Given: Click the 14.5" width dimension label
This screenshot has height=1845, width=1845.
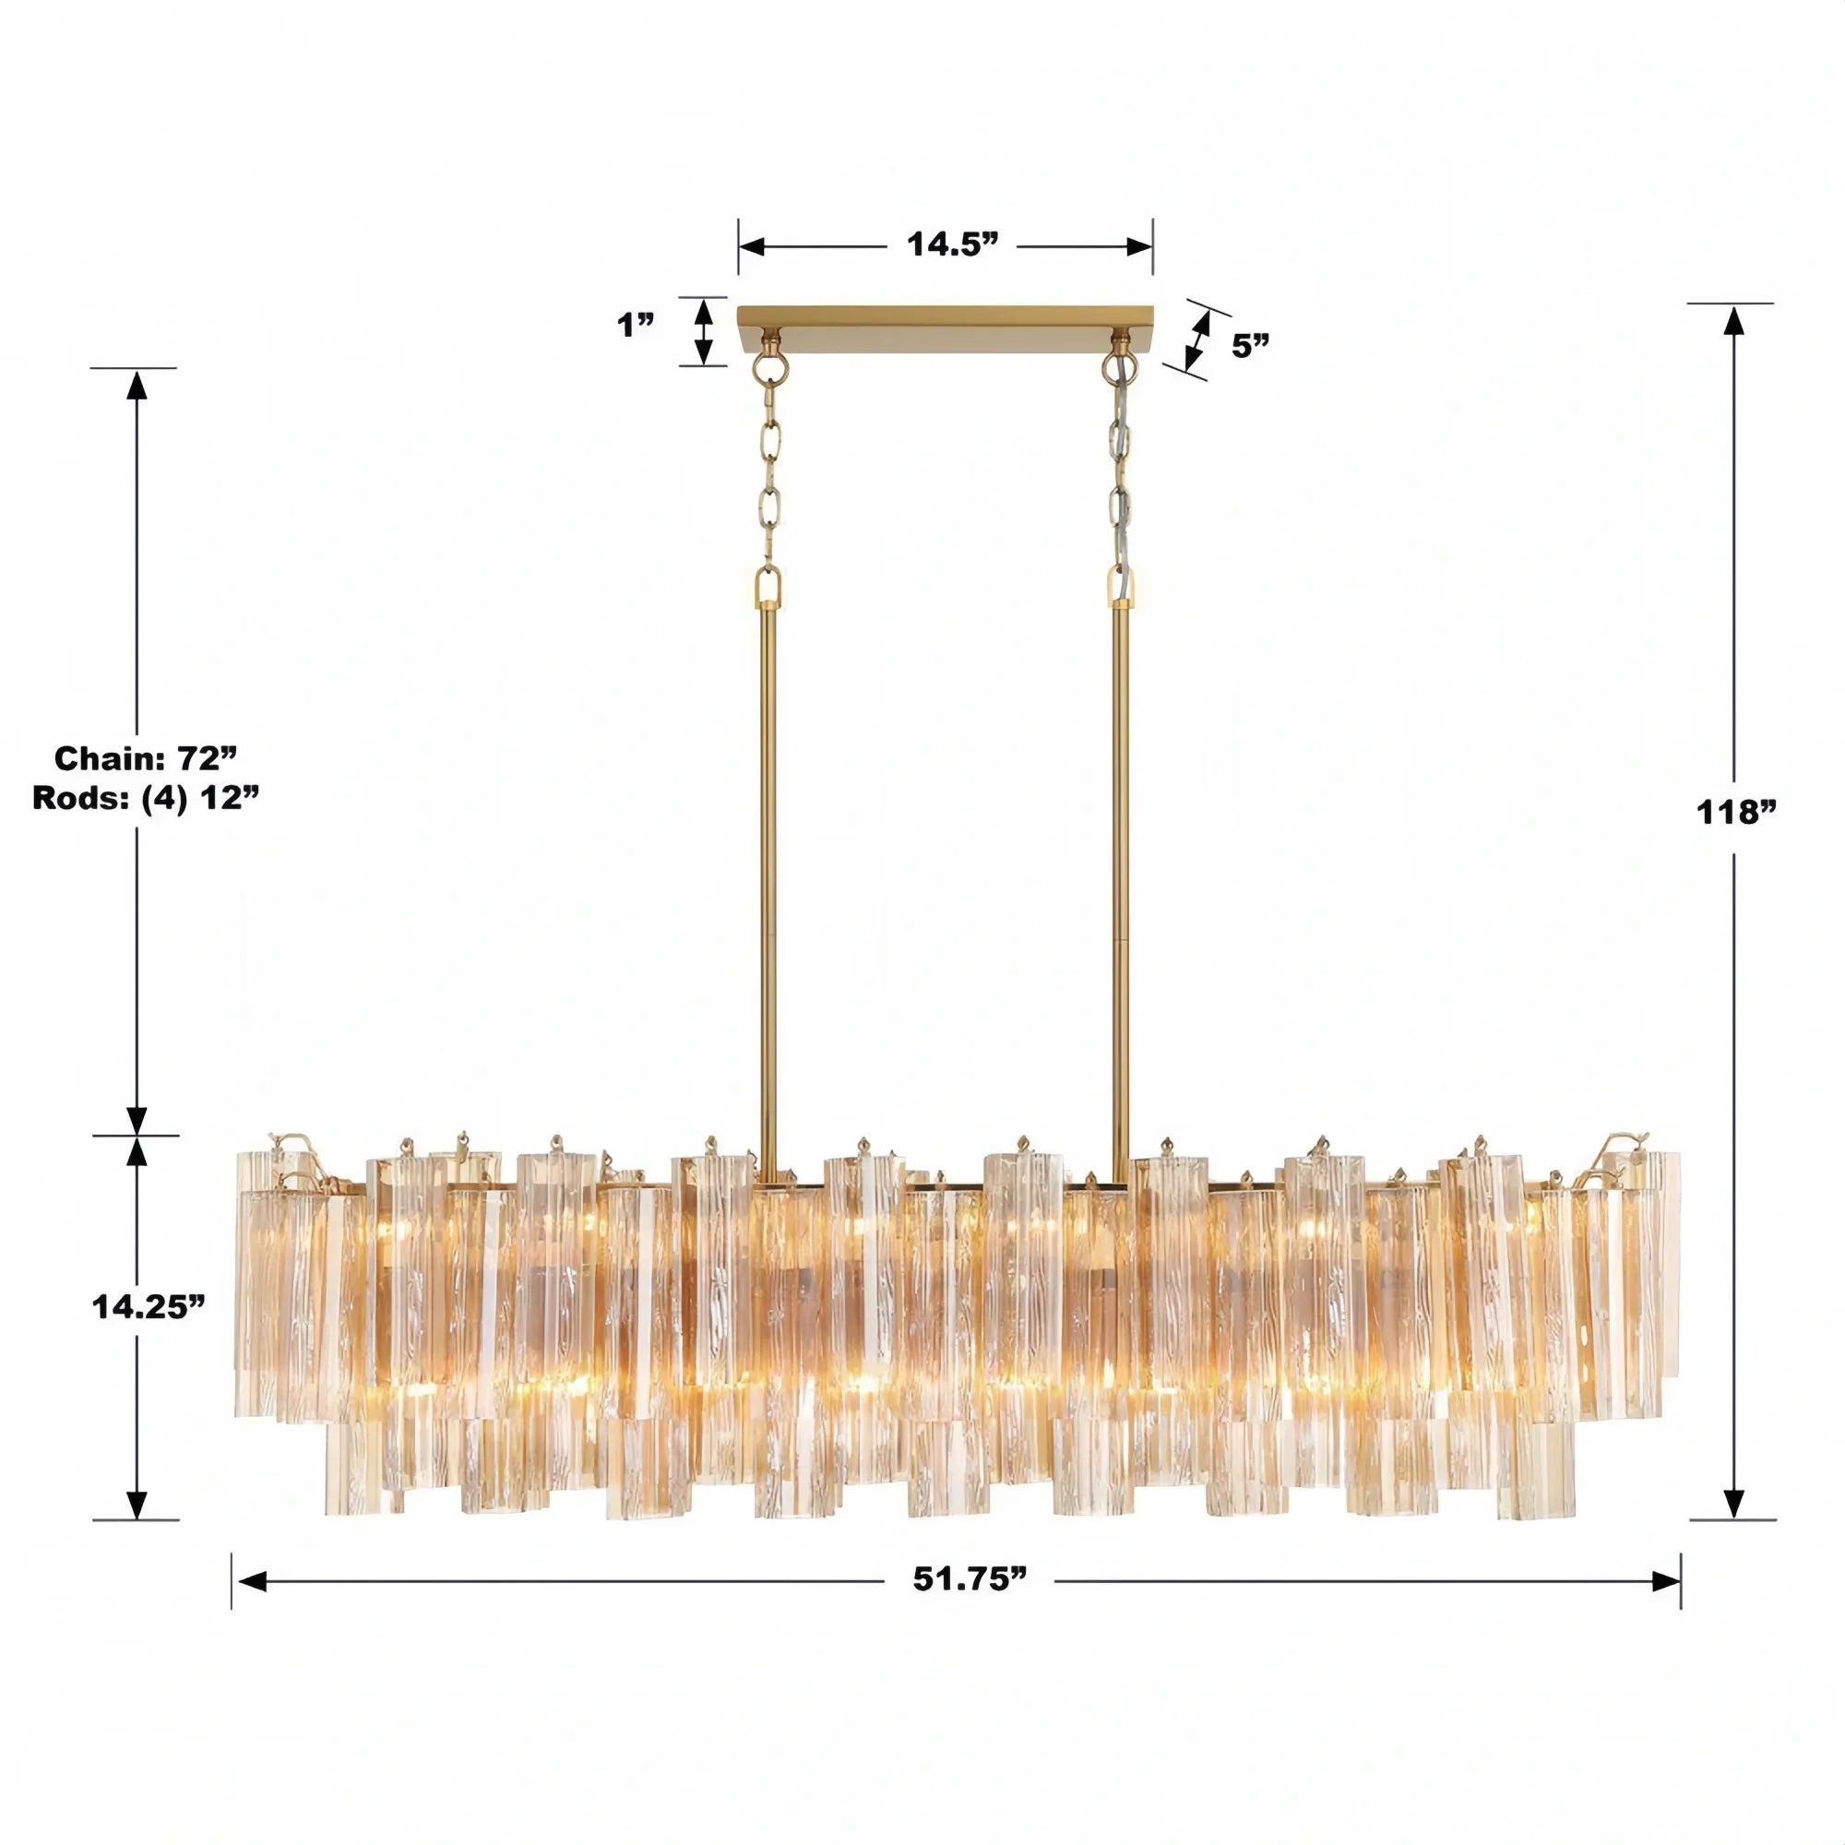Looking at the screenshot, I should [951, 244].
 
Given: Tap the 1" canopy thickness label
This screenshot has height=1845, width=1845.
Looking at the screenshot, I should [634, 326].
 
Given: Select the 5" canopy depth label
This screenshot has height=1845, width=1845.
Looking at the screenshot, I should [1250, 346].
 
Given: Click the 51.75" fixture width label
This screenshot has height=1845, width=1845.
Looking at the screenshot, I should [970, 1579].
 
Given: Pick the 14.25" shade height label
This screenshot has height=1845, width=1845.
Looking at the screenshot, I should [149, 1306].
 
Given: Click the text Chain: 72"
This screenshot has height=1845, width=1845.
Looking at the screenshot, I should [145, 758].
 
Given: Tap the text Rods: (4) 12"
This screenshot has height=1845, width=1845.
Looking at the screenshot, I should [145, 797].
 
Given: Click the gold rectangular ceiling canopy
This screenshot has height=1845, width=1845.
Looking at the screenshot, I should [946, 318].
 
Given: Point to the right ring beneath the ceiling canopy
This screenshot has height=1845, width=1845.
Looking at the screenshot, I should [1117, 364].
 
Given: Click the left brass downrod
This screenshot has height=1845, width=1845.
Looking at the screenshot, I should [768, 860].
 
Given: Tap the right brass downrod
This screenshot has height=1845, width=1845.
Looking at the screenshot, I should [1119, 860].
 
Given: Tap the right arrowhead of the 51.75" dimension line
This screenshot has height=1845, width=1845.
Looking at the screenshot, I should [1666, 1581].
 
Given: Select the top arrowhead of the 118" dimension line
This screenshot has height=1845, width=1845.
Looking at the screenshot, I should [1733, 322].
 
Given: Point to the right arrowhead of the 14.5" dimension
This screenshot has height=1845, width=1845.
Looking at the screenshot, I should [1139, 246].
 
